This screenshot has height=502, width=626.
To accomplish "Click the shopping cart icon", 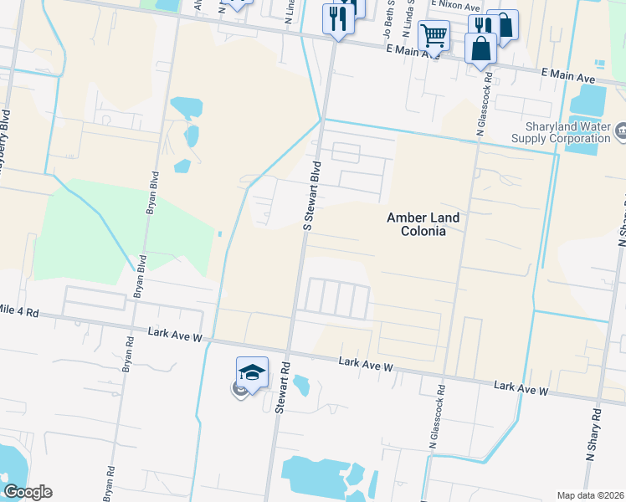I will pyautogui.click(x=434, y=35).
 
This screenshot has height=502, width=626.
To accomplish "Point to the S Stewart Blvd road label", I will pyautogui.click(x=311, y=196).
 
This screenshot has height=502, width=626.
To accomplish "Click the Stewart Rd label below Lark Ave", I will pyautogui.click(x=282, y=387).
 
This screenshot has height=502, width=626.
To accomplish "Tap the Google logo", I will pyautogui.click(x=28, y=492).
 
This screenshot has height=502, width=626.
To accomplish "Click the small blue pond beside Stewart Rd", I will pyautogui.click(x=302, y=385).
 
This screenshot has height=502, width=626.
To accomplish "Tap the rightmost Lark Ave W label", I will pyautogui.click(x=521, y=390).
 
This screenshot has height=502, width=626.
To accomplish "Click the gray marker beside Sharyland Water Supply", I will pyautogui.click(x=620, y=131).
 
